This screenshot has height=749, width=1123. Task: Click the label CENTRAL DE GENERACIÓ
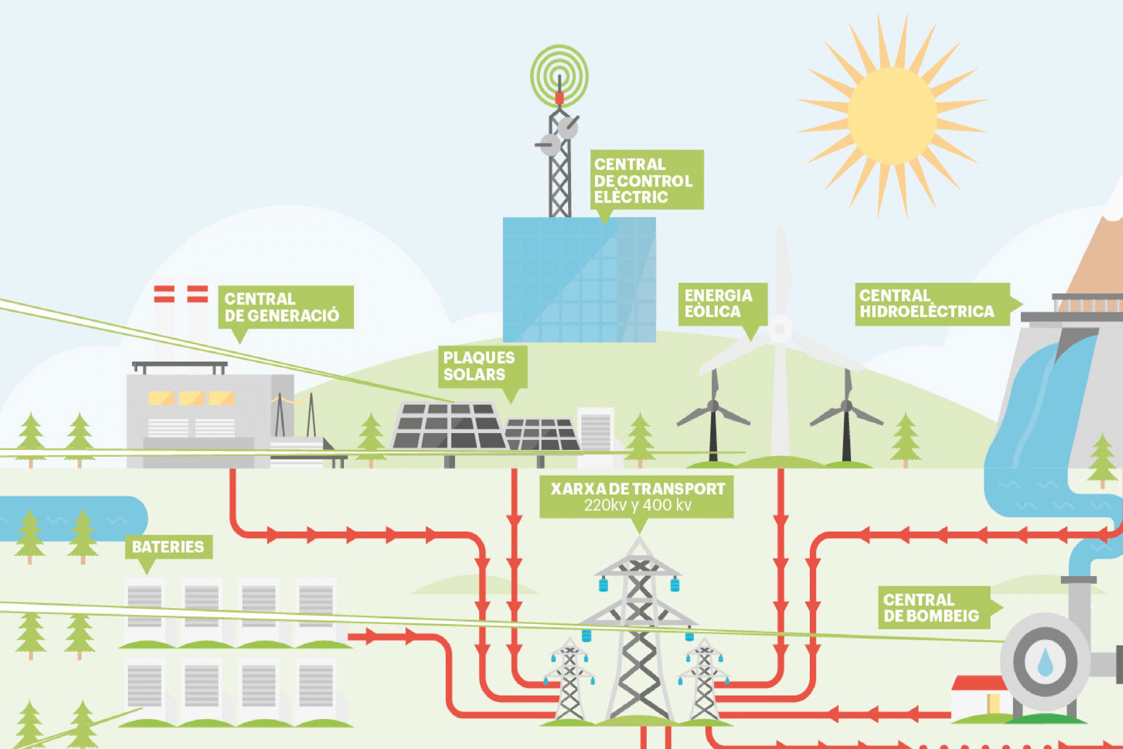(286, 307)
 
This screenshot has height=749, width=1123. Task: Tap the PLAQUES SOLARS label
(482, 366)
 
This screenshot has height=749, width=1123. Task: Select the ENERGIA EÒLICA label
(722, 304)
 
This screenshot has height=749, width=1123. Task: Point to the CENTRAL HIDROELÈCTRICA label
(932, 304)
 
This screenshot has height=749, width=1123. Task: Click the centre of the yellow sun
(891, 117)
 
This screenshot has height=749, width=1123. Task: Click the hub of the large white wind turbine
(780, 329)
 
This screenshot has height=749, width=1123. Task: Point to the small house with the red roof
(979, 699)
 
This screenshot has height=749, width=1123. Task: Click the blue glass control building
(579, 280)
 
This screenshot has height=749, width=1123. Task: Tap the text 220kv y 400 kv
(637, 506)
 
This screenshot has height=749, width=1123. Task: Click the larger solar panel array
(447, 426)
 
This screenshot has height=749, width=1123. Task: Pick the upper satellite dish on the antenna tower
(568, 127)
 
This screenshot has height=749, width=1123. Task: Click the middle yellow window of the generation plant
(191, 398)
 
